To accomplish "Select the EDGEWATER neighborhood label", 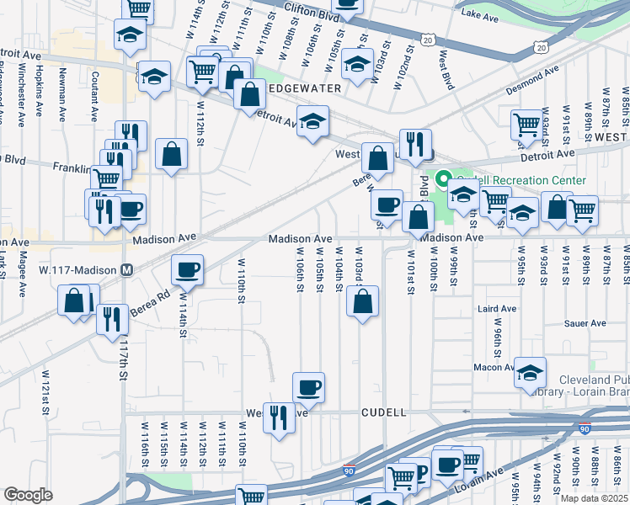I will click(304, 88).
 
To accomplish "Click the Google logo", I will click(28, 495).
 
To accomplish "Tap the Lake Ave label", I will click(480, 14).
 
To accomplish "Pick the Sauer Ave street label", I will click(585, 323).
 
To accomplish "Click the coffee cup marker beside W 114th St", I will click(188, 269).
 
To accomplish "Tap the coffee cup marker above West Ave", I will click(308, 386).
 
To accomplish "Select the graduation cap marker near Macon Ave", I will click(531, 373).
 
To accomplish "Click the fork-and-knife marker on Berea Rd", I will click(111, 319).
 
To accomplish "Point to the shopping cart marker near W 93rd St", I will click(526, 125).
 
